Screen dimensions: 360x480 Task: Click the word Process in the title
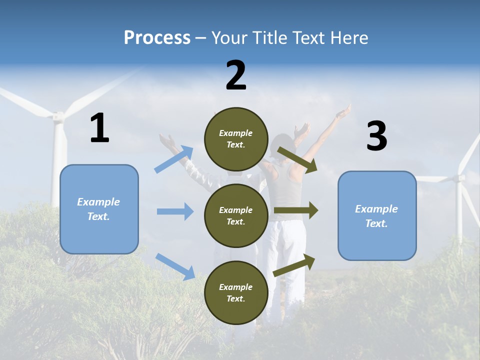[x=157, y=38]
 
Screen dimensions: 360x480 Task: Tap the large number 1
[x=99, y=128]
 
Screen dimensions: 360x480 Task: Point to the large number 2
[x=236, y=75]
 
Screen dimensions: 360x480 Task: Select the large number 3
[x=376, y=136]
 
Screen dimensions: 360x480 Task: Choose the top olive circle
[x=236, y=139]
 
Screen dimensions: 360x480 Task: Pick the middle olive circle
[x=236, y=215]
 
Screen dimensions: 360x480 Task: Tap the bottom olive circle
[x=236, y=292]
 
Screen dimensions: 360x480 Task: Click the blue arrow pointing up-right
[x=174, y=159]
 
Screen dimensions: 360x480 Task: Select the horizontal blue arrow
[x=175, y=211]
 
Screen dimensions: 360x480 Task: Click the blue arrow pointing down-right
[x=175, y=266]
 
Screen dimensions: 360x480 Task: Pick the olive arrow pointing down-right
[x=297, y=159]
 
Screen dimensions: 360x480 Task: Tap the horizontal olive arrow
[x=296, y=210]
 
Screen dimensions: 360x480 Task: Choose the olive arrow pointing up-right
[x=294, y=265]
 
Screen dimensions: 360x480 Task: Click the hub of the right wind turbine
[x=458, y=178]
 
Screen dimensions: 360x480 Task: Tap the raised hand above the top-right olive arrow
[x=343, y=112]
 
